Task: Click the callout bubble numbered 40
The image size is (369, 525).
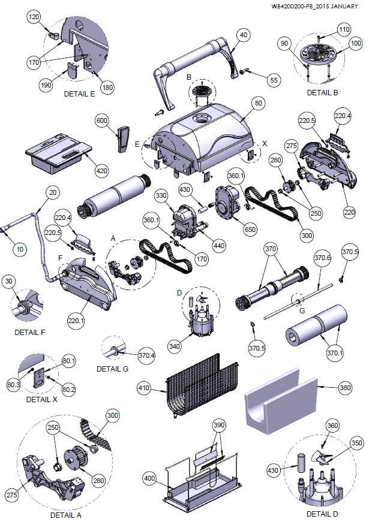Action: pos(243,35)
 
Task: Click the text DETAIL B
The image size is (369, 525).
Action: pos(322,93)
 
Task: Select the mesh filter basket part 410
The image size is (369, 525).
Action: pos(201,384)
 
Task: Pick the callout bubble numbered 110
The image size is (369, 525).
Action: pos(344,29)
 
